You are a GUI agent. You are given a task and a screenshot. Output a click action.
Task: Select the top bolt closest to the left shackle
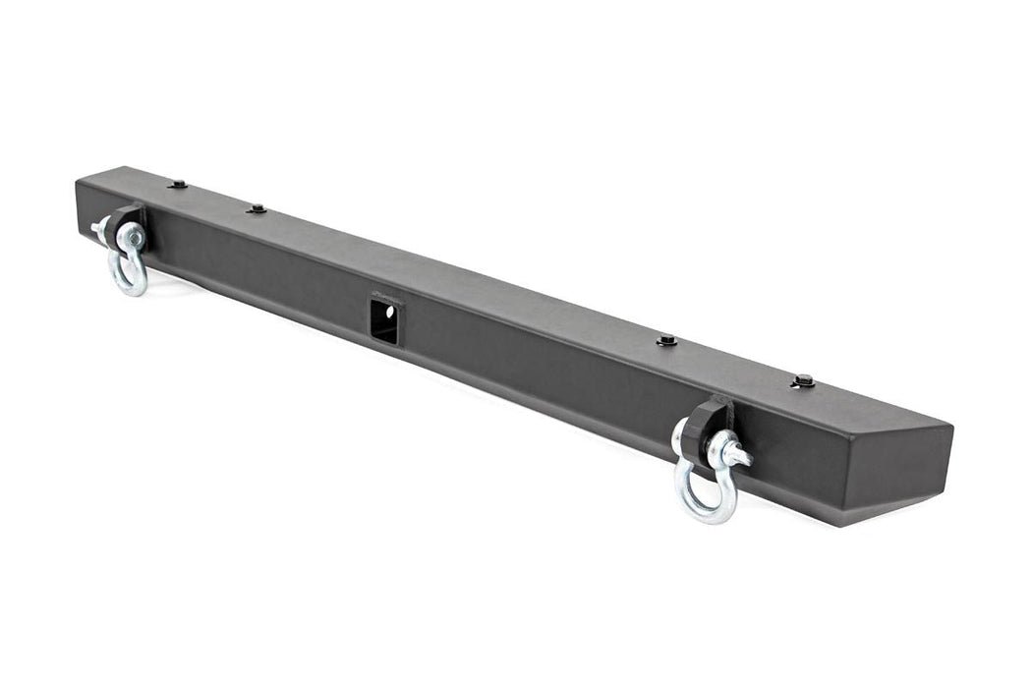(178, 184)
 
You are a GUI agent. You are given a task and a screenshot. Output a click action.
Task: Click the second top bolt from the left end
(257, 208)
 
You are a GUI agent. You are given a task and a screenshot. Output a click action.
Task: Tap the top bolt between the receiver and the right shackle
(667, 340)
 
